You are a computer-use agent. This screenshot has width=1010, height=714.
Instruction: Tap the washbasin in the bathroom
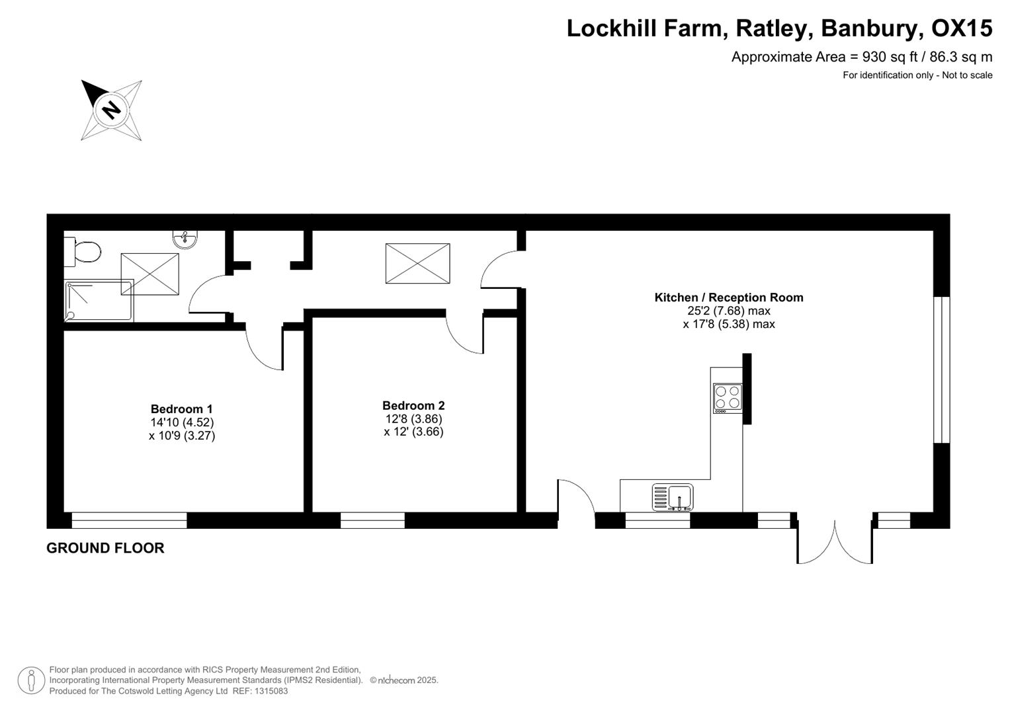(x=185, y=239)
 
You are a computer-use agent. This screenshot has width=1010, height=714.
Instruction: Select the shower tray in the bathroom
(x=99, y=301)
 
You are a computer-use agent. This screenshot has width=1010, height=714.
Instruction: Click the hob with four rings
(x=727, y=398)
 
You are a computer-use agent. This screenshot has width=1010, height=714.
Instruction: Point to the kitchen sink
(x=673, y=497)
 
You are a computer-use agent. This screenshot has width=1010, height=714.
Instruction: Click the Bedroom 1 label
(x=182, y=409)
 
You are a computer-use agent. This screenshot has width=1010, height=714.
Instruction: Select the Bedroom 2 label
(x=413, y=406)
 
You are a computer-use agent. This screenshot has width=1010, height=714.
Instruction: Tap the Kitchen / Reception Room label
(x=729, y=297)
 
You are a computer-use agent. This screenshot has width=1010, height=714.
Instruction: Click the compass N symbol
(x=111, y=109)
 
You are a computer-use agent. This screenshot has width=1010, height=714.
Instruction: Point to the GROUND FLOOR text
(x=105, y=548)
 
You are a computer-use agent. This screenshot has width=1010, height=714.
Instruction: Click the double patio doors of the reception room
(x=835, y=541)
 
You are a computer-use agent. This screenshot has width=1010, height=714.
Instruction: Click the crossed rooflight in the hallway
(x=417, y=263)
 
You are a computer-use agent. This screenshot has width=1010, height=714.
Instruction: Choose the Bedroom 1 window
(x=129, y=520)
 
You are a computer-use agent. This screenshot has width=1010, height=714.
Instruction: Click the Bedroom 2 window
(x=372, y=520)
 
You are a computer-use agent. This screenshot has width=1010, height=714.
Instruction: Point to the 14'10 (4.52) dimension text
(x=182, y=422)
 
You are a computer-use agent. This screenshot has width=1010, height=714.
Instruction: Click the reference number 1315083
(x=270, y=691)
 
